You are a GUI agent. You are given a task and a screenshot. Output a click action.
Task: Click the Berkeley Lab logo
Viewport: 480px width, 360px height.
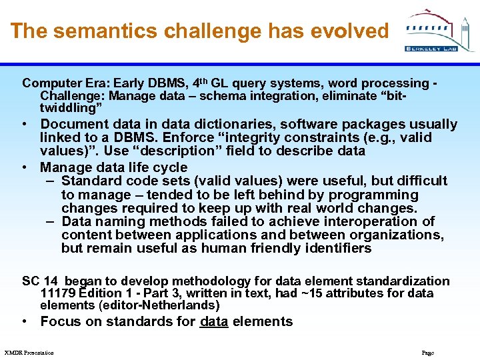(x=440, y=31)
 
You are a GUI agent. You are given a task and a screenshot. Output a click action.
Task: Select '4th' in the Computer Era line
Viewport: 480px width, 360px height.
(x=200, y=83)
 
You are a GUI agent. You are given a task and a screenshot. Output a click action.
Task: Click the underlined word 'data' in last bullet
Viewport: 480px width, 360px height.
(x=213, y=321)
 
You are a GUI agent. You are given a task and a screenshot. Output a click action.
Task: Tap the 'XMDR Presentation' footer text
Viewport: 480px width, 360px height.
(x=29, y=352)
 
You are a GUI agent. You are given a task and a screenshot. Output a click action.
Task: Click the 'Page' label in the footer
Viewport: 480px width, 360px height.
(x=427, y=352)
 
